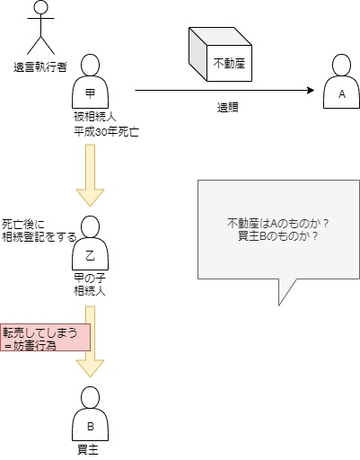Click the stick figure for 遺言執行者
pos(40,29)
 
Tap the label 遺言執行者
pos(40,66)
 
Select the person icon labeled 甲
pos(90,81)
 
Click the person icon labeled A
pos(341,81)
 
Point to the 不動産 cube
pos(220,54)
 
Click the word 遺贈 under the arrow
pos(228,108)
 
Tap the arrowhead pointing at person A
pos(311,90)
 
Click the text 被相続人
pos(95,117)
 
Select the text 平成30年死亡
pos(106,132)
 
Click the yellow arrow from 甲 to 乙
pos(90,175)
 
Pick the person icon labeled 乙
pos(90,243)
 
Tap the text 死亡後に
pos(23,225)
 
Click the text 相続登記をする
pos(40,237)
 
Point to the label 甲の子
pos(90,279)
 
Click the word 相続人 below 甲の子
pos(90,291)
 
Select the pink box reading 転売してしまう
pos(45,337)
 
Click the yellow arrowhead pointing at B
pos(90,368)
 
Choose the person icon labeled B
pos(90,413)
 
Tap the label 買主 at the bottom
pos(88,450)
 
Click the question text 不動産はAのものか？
pos(278,224)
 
